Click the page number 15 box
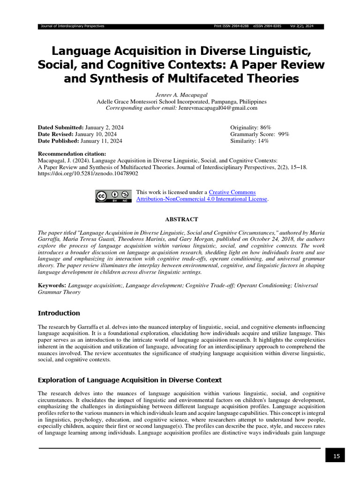point(335,455)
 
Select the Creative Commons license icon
point(113,196)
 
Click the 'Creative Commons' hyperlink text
point(232,192)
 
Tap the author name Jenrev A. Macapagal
point(181,94)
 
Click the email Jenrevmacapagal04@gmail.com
point(218,108)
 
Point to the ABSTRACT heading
point(181,219)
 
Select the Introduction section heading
point(59,313)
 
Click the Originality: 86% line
point(250,127)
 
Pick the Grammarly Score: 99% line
point(259,134)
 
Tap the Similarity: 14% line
point(249,141)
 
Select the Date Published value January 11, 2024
point(101,141)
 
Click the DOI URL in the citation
point(88,173)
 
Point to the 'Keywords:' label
point(52,285)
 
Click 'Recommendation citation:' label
point(72,154)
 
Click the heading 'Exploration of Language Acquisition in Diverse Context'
point(129,380)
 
